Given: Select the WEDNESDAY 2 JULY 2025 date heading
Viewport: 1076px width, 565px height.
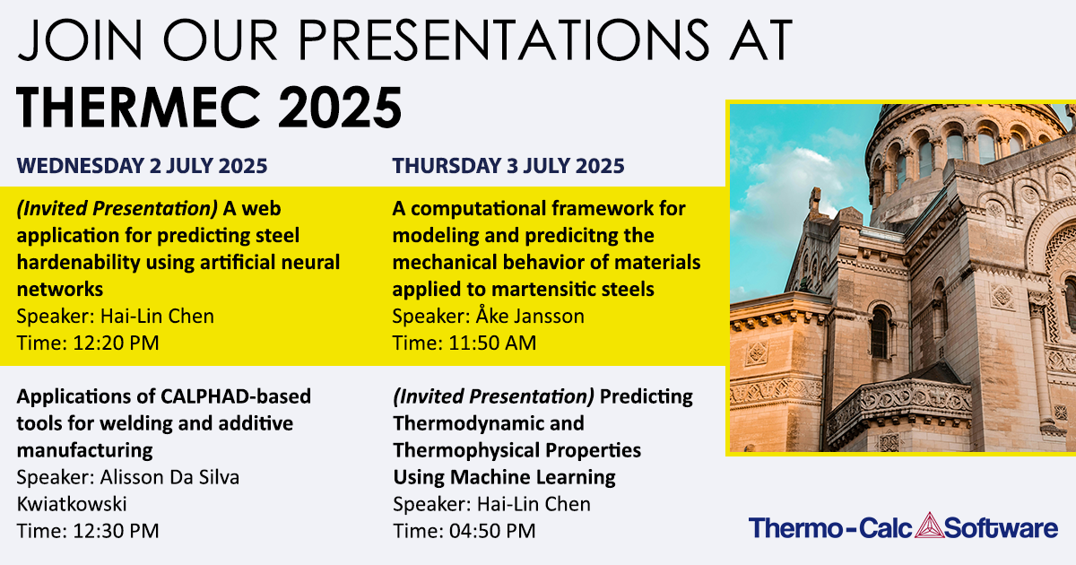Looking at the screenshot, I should coord(142,166).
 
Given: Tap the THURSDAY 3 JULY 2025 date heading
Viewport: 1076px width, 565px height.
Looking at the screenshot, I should coord(508,166).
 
